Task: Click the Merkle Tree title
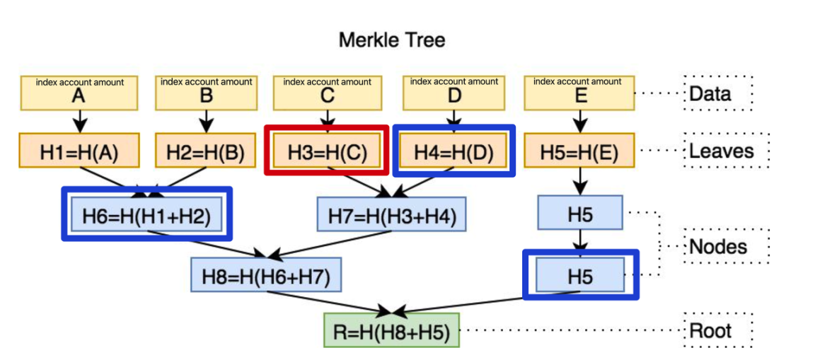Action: (x=392, y=40)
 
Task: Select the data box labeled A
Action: (x=79, y=92)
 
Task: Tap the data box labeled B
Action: (x=206, y=92)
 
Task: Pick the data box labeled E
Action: (x=579, y=92)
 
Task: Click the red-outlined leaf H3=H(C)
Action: (x=327, y=151)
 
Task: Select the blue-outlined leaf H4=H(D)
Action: (x=453, y=151)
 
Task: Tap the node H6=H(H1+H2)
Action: (x=147, y=214)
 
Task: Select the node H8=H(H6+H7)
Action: (x=265, y=275)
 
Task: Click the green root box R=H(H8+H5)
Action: (x=392, y=330)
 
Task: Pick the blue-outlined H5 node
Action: (x=580, y=275)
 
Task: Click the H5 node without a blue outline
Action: (x=580, y=214)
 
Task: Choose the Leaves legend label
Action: (x=721, y=151)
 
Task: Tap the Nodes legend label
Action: (x=717, y=246)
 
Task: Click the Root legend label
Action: (x=711, y=330)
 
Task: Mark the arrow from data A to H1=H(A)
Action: (x=79, y=122)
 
